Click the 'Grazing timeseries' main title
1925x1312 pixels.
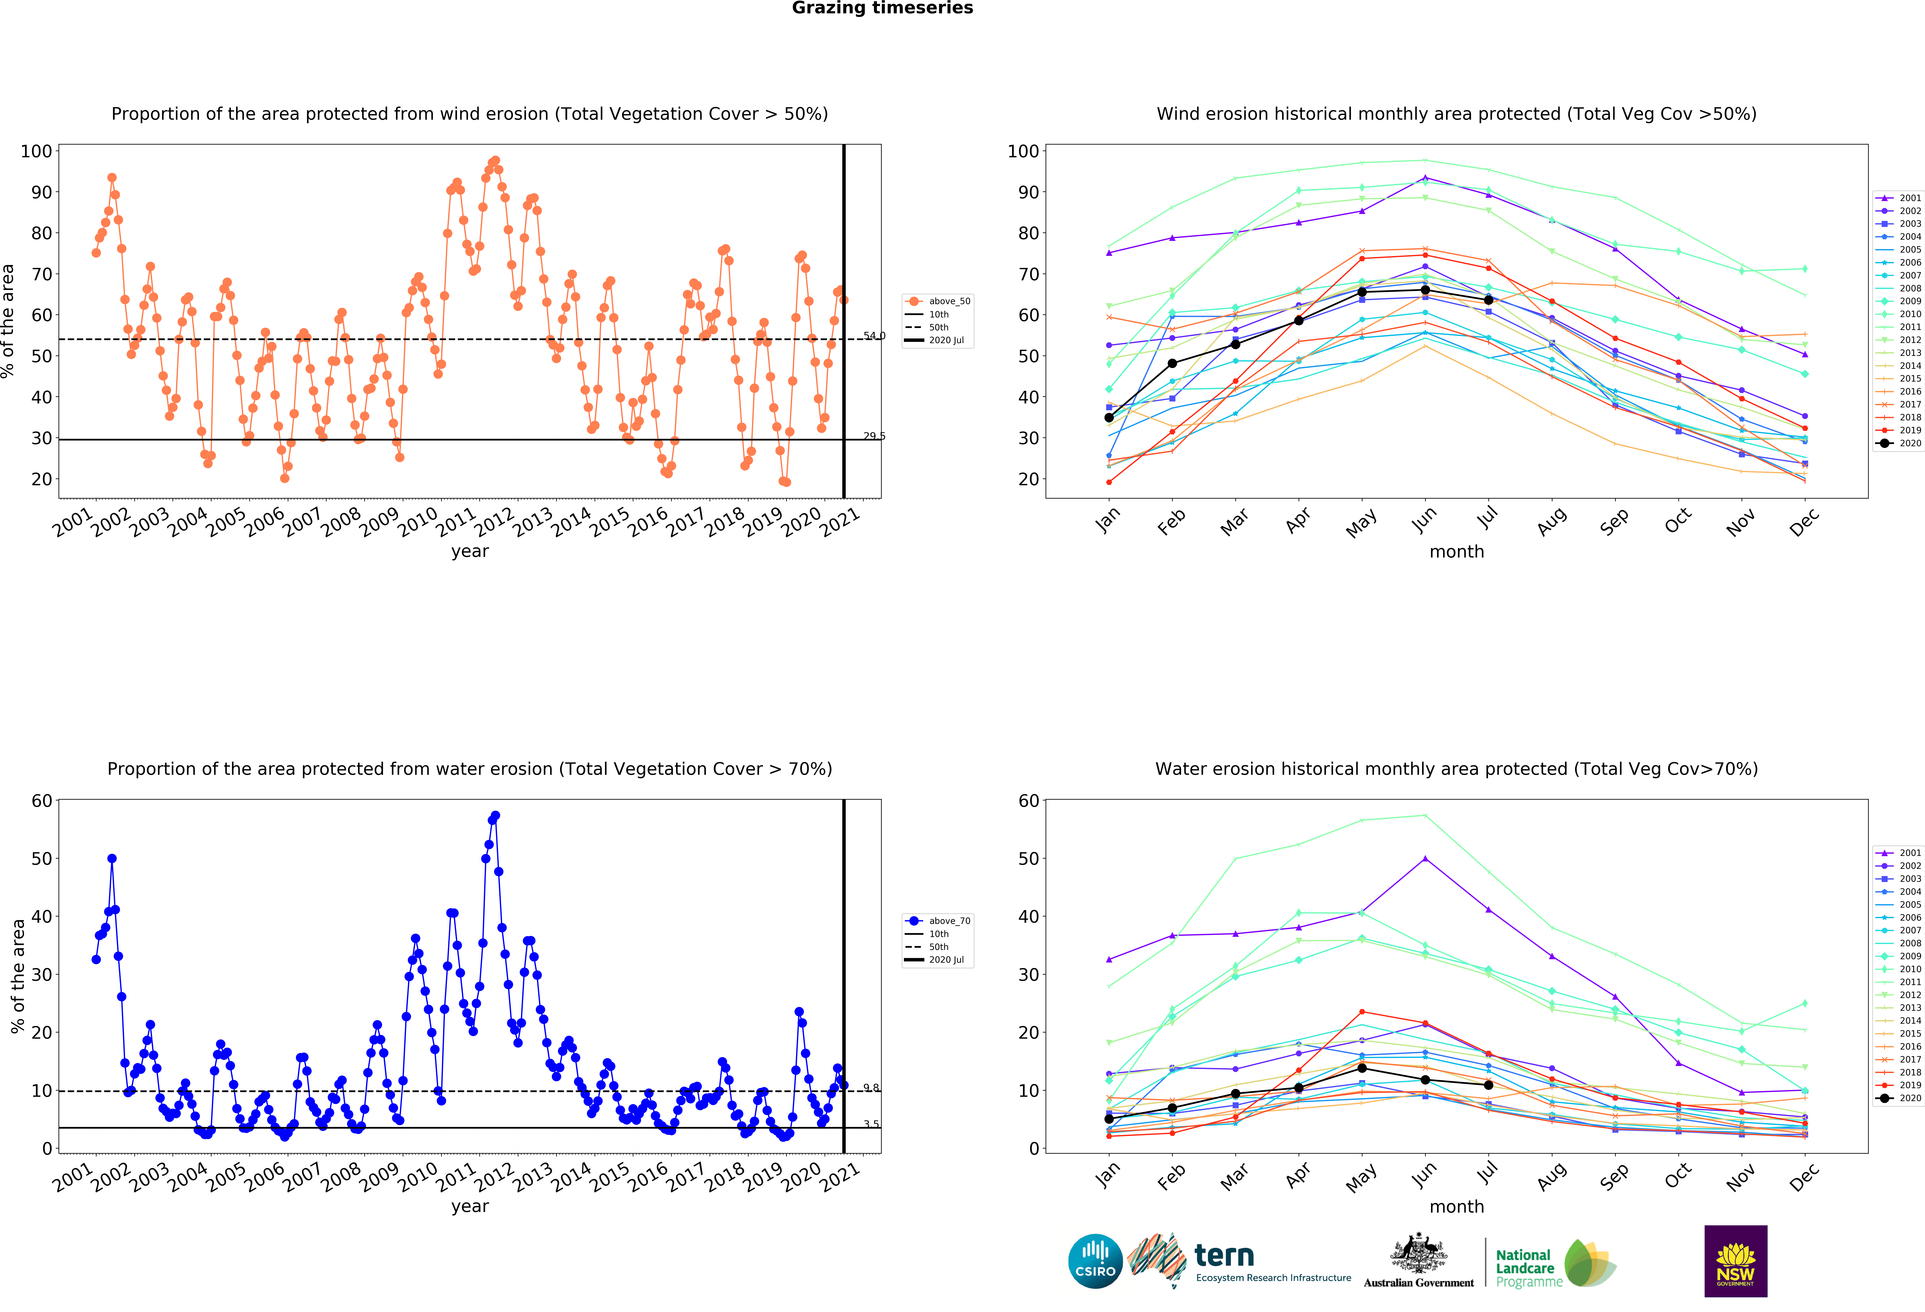882,8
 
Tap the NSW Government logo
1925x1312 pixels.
1735,1261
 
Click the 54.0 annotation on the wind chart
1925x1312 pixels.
874,336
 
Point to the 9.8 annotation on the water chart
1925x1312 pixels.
871,1088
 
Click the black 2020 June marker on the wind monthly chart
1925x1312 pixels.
1425,290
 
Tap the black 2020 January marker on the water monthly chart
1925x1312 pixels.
1109,1119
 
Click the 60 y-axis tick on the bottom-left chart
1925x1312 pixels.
41,801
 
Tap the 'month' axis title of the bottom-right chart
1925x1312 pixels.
1456,1207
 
